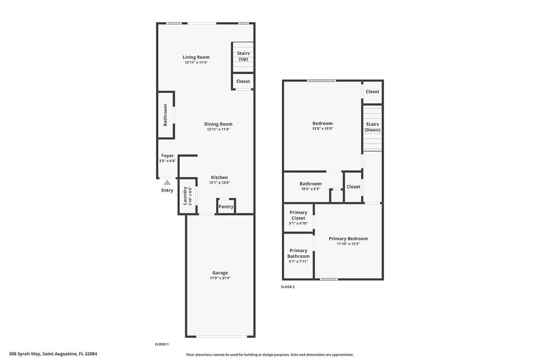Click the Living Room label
pyautogui.click(x=196, y=57)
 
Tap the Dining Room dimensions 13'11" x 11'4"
pyautogui.click(x=218, y=129)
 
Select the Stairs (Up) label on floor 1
pyautogui.click(x=243, y=56)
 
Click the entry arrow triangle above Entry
pyautogui.click(x=168, y=182)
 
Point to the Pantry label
pyautogui.click(x=226, y=207)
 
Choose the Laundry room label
pyautogui.click(x=185, y=195)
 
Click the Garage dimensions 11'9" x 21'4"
pyautogui.click(x=220, y=278)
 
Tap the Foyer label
pyautogui.click(x=167, y=156)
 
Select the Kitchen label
pyautogui.click(x=219, y=178)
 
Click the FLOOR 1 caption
pyautogui.click(x=162, y=344)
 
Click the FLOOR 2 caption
pyautogui.click(x=288, y=287)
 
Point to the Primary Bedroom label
pyautogui.click(x=348, y=239)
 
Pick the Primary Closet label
pyautogui.click(x=298, y=215)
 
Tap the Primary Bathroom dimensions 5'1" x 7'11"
pyautogui.click(x=298, y=262)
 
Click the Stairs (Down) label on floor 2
pyautogui.click(x=372, y=127)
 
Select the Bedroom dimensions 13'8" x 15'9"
pyautogui.click(x=322, y=129)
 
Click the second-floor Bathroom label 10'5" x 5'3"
pyautogui.click(x=310, y=184)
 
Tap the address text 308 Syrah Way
pyautogui.click(x=50, y=354)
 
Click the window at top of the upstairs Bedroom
pyautogui.click(x=321, y=81)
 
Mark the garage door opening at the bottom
pyautogui.click(x=221, y=337)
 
